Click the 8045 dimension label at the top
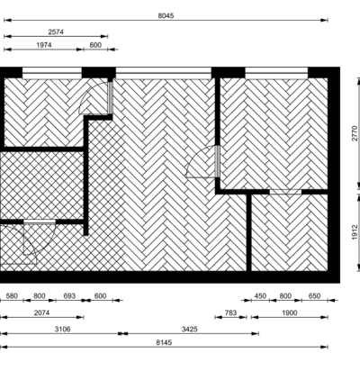[x=166, y=15]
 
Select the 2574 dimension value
[x=56, y=32]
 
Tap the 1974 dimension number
[x=44, y=45]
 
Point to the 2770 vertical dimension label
[x=355, y=133]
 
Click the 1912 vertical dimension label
[x=355, y=232]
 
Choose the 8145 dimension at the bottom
[x=164, y=342]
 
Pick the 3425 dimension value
[x=190, y=330]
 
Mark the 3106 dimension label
[x=63, y=330]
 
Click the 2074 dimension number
[x=41, y=312]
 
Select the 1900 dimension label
[x=290, y=312]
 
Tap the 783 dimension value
[x=230, y=312]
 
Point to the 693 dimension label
[x=69, y=296]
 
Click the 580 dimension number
[x=12, y=296]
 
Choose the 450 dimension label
[x=260, y=296]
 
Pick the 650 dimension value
[x=314, y=296]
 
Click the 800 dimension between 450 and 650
[x=285, y=296]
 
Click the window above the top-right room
[x=276, y=73]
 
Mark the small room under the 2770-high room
[x=290, y=232]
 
